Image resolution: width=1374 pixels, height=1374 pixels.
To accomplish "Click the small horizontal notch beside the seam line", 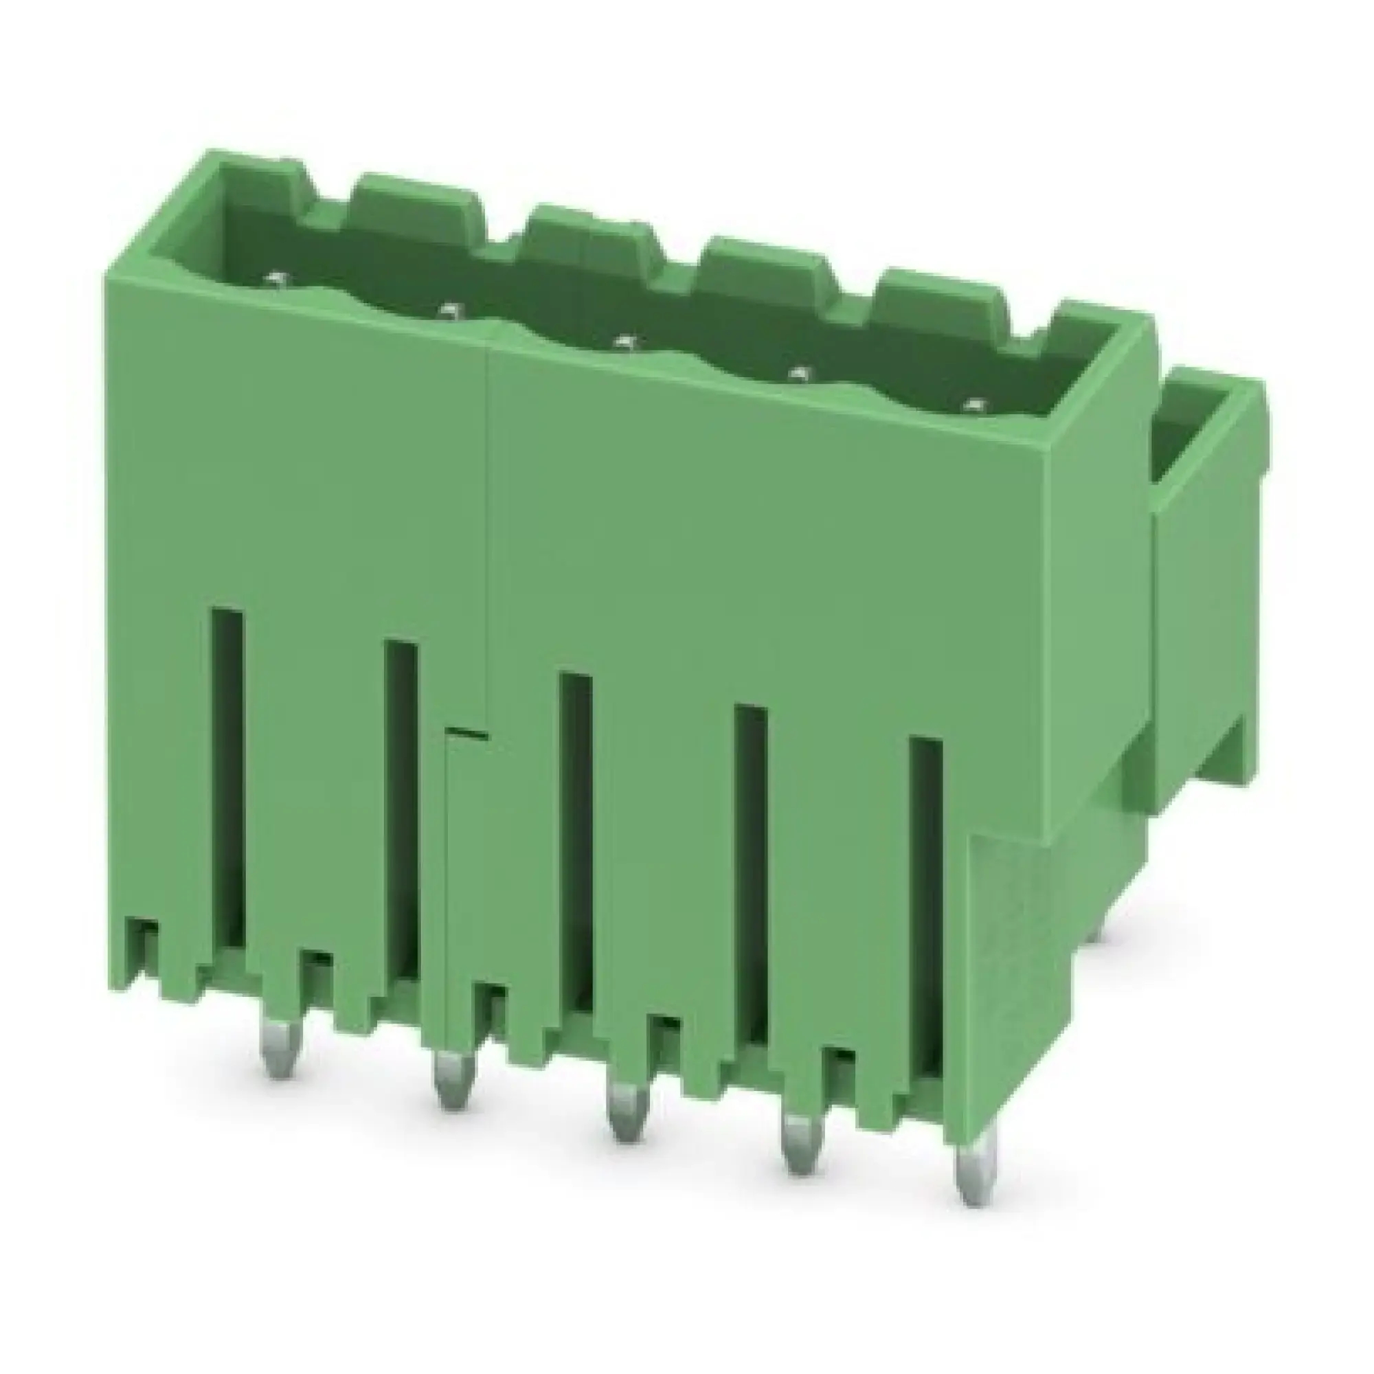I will click(x=466, y=732).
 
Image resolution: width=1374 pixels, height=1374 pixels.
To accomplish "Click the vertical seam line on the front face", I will click(x=488, y=526).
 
